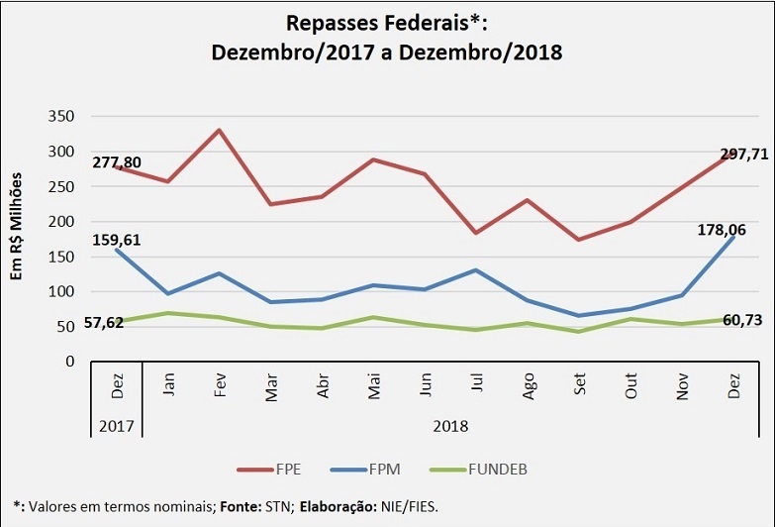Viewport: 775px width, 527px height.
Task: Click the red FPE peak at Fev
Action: [219, 130]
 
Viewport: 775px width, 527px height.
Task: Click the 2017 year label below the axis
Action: [117, 427]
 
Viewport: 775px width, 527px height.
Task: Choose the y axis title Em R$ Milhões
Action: [18, 223]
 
